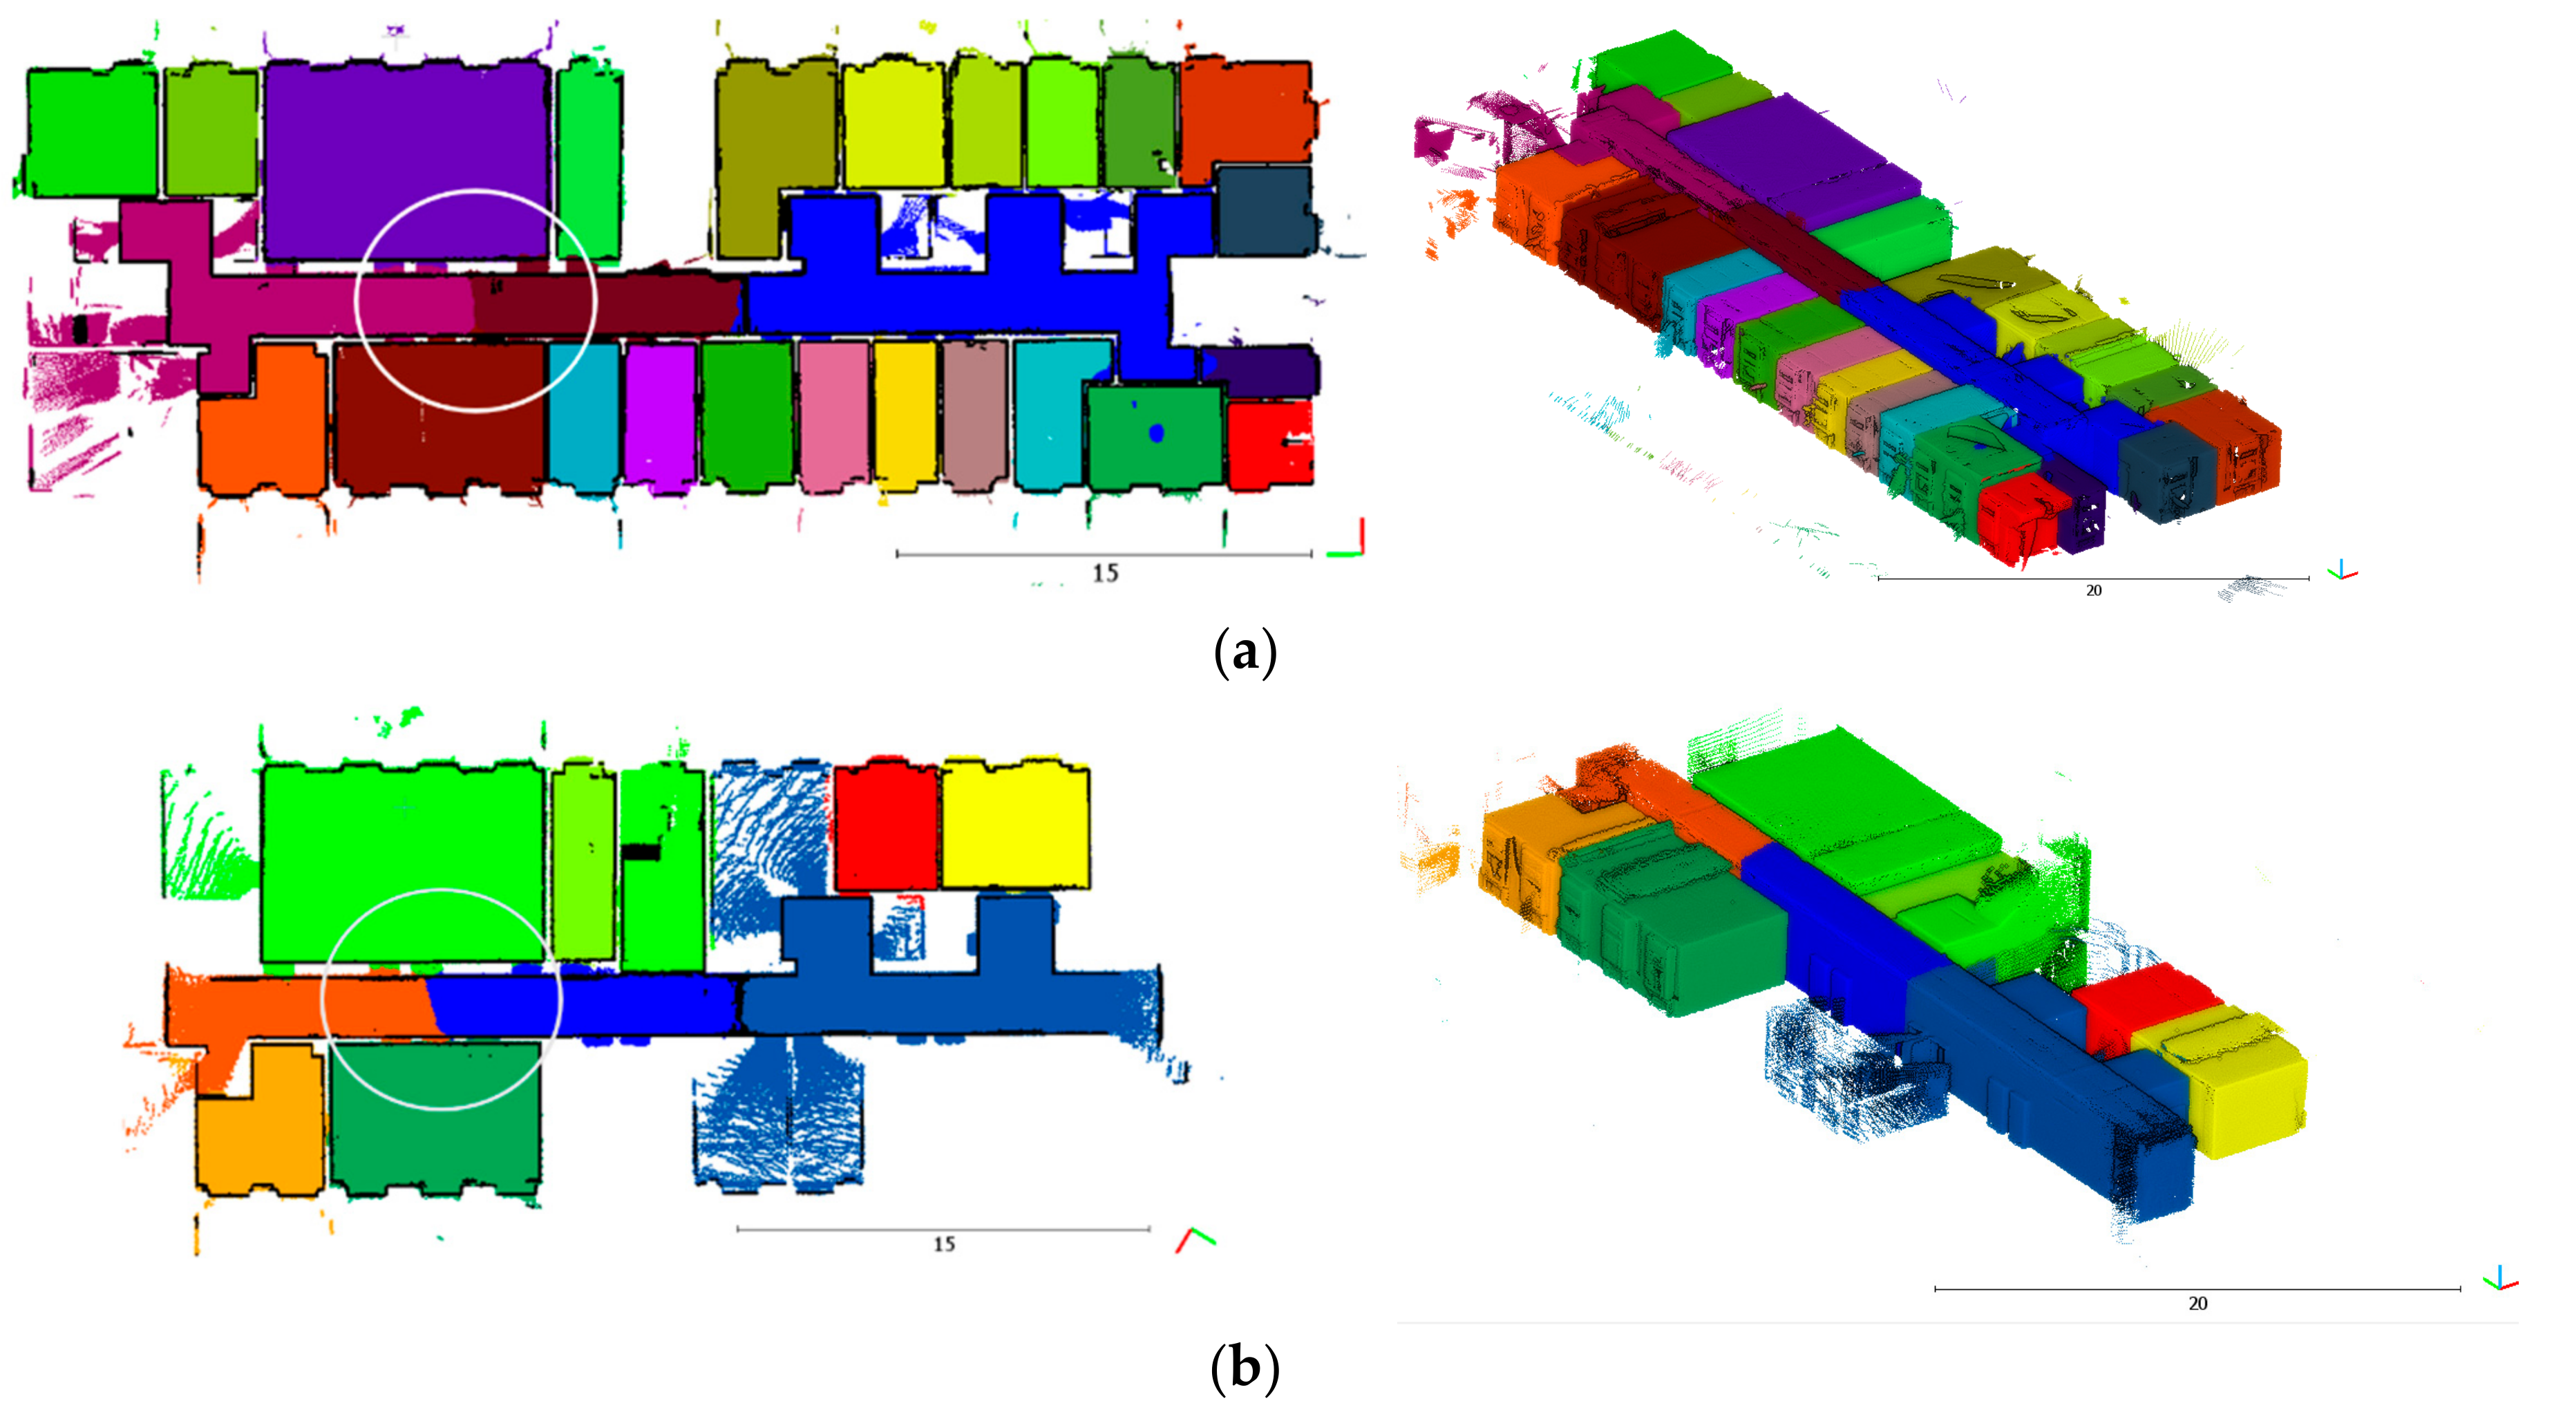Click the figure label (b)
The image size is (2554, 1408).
(1245, 1369)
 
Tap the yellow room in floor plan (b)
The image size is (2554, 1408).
(1015, 825)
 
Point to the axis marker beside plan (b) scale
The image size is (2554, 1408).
(1195, 1239)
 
